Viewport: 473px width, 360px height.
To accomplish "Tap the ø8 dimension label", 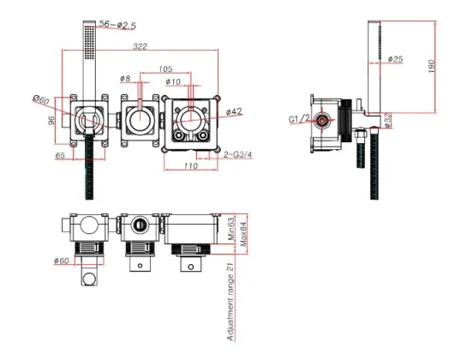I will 125,79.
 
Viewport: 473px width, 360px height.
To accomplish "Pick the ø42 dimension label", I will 234,111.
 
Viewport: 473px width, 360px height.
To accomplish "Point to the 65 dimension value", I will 60,157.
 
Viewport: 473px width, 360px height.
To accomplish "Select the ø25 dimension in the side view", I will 395,59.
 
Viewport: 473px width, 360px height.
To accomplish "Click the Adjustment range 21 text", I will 231,303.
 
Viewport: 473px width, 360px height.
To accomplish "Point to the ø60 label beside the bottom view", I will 61,260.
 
